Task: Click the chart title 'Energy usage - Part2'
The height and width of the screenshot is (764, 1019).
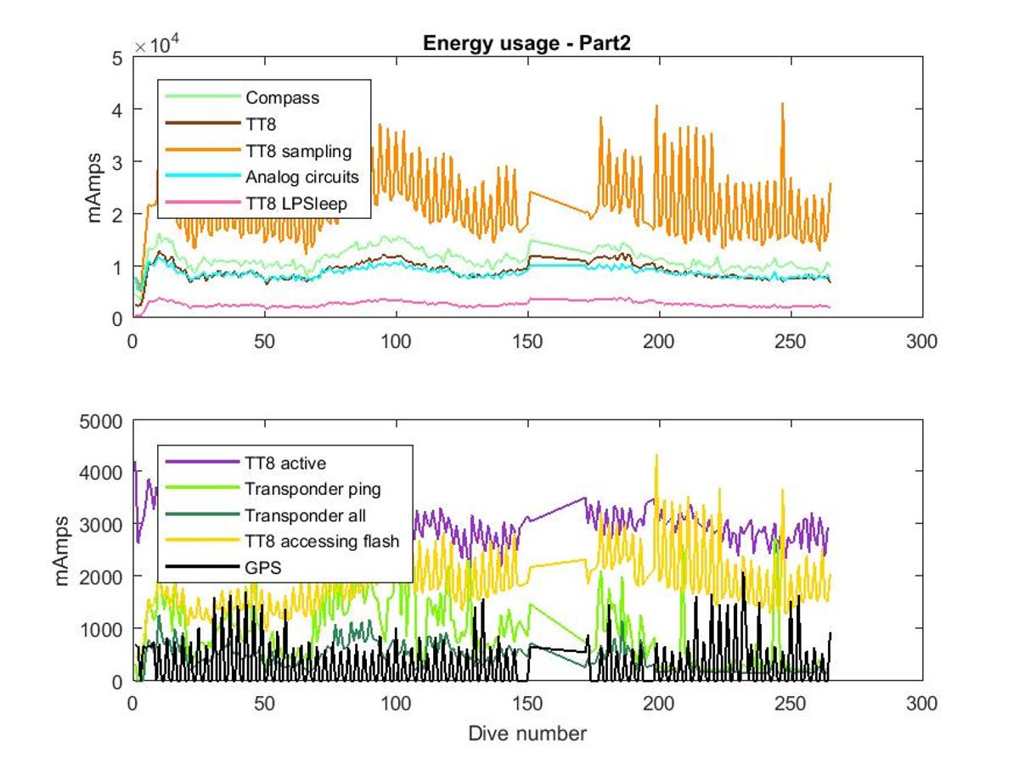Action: [526, 43]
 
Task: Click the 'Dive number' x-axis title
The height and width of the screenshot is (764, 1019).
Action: [527, 733]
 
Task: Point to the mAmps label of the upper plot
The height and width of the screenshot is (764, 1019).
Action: [93, 188]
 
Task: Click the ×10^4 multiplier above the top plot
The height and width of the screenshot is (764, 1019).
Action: [157, 45]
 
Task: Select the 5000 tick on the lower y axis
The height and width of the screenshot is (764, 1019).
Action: [101, 422]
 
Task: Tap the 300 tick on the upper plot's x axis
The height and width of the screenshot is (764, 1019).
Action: [921, 342]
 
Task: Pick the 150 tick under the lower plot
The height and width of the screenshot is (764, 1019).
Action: [527, 704]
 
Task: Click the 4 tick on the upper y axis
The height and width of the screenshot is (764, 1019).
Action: [116, 110]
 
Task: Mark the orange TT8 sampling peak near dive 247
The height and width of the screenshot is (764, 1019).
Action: [783, 104]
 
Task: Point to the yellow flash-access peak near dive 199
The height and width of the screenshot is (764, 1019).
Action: [656, 455]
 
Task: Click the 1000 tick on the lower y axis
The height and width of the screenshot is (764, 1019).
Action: [101, 630]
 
